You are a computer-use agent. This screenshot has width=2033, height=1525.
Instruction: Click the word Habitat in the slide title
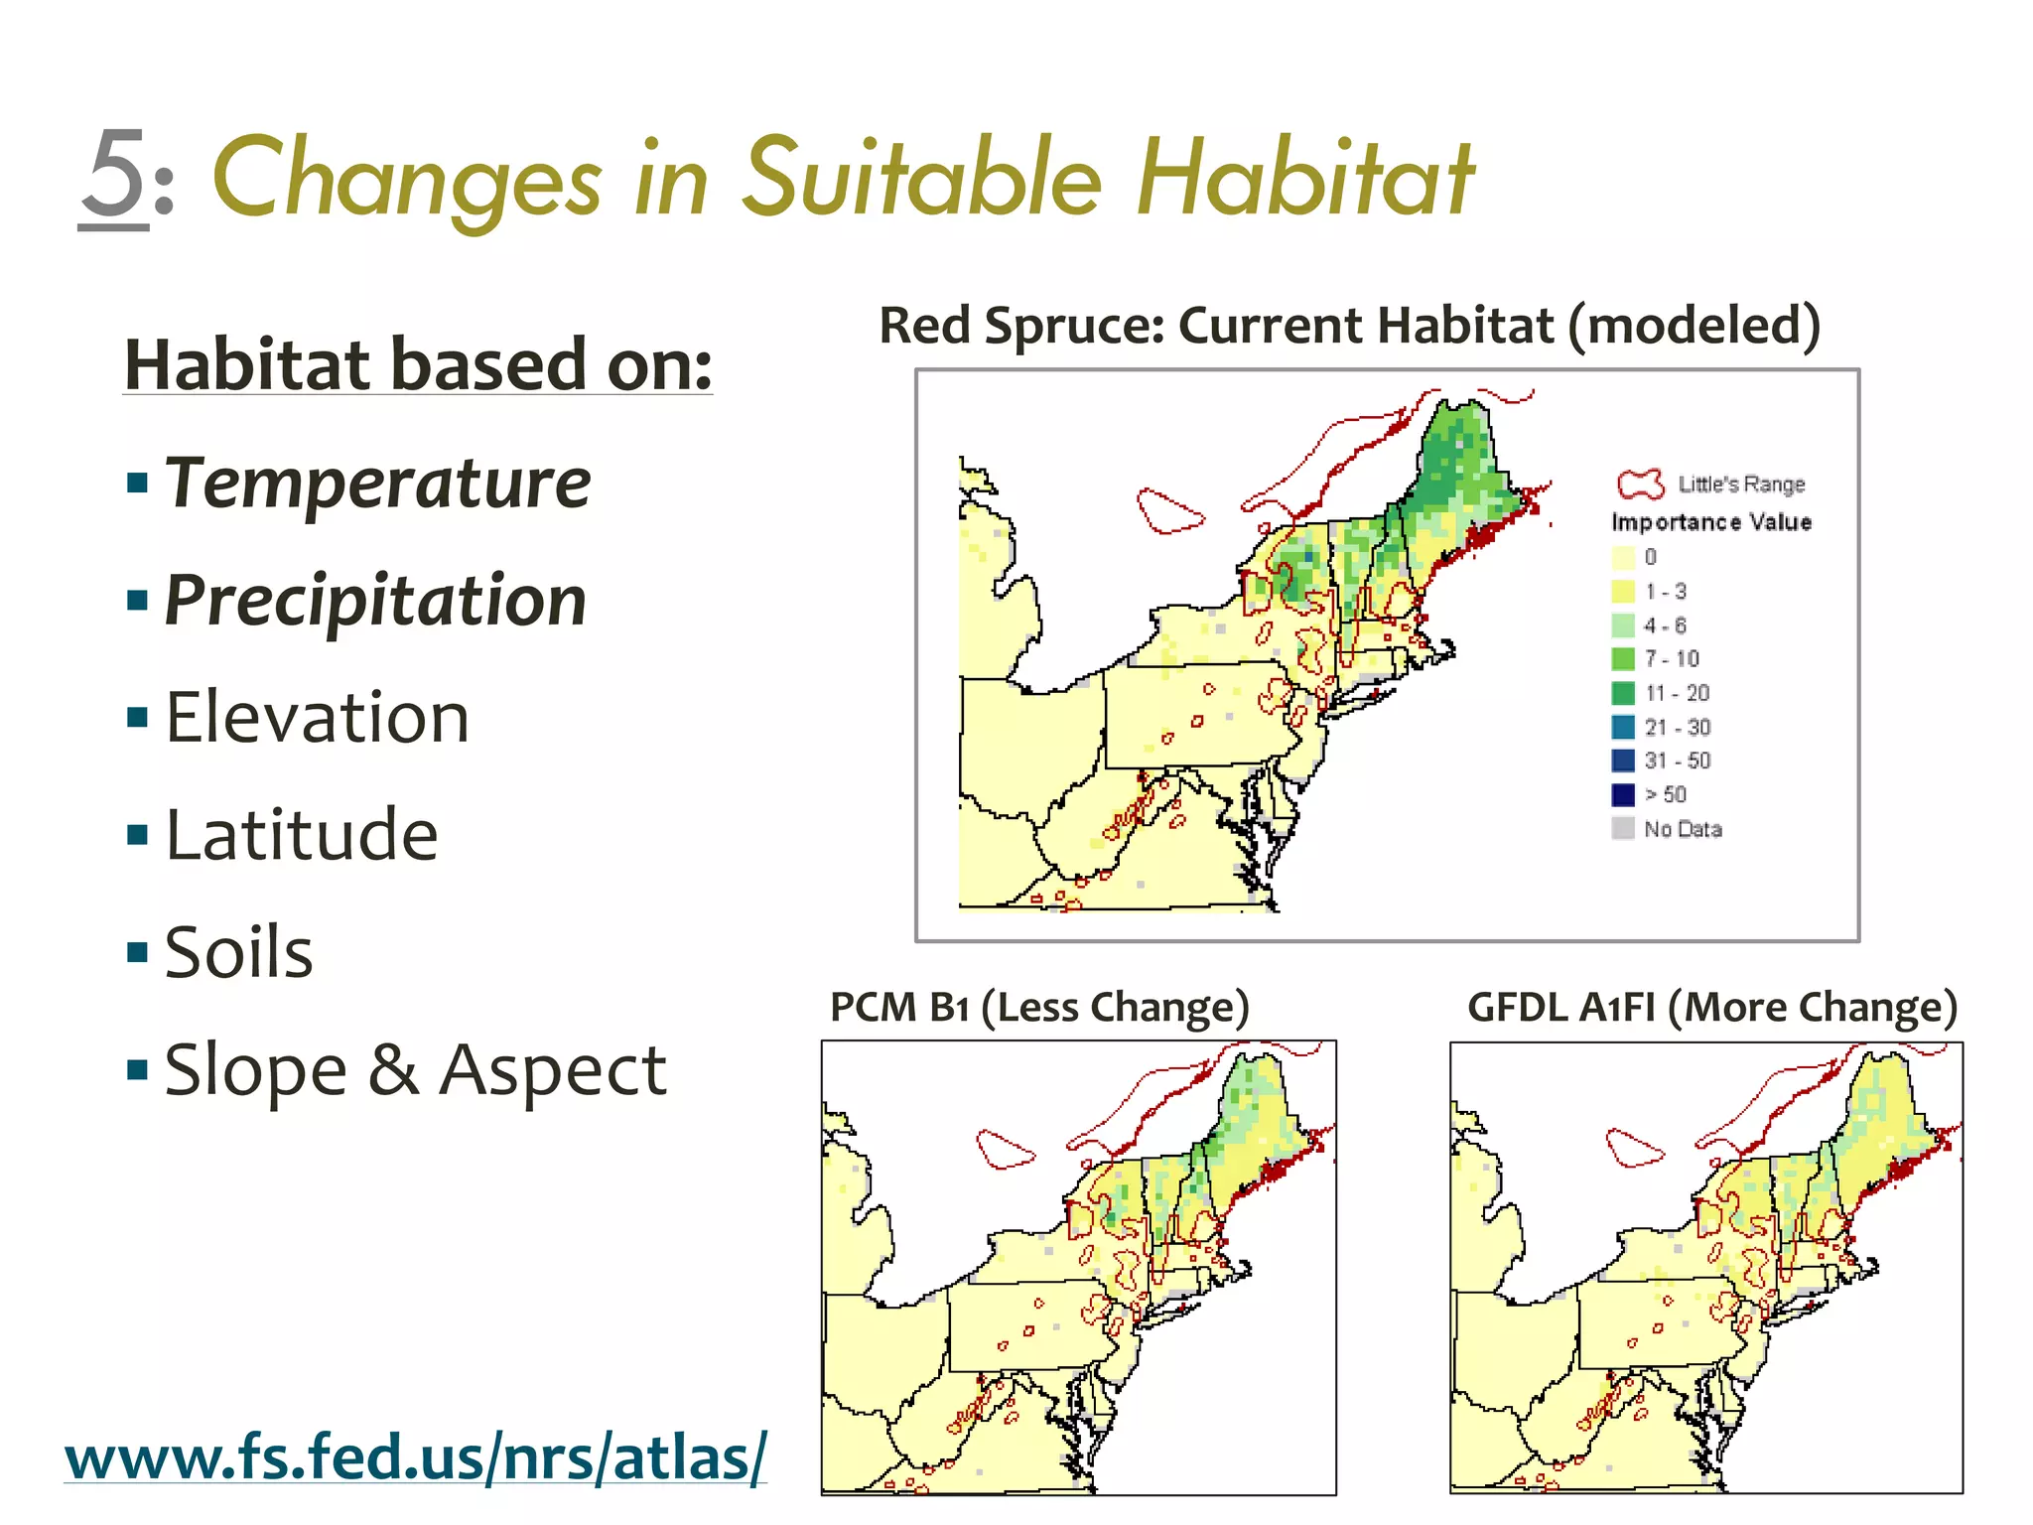(1304, 179)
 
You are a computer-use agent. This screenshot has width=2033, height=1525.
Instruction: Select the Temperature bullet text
(377, 484)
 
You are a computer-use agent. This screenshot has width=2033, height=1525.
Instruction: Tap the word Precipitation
(375, 601)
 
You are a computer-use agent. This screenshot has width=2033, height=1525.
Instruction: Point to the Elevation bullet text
(317, 717)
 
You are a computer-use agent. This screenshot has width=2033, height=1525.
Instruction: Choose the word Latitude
(301, 834)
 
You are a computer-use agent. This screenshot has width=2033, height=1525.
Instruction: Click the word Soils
(238, 951)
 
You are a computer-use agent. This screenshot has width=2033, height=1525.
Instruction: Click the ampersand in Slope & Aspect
(393, 1070)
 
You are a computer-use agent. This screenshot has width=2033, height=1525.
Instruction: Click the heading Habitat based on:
(418, 364)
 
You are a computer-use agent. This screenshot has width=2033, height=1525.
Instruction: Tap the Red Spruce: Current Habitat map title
(1349, 326)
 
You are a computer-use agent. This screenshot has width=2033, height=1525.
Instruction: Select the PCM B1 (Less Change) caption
(1039, 1007)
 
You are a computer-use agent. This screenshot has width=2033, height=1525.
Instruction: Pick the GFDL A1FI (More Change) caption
(1711, 1007)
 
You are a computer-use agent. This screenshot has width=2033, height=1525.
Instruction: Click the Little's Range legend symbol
(1639, 485)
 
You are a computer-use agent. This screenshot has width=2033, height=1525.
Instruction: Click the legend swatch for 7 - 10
(1622, 659)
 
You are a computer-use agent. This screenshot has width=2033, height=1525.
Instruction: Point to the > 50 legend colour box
(1622, 794)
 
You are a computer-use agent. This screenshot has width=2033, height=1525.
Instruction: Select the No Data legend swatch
(1622, 829)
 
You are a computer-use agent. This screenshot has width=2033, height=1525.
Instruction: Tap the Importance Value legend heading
(1710, 522)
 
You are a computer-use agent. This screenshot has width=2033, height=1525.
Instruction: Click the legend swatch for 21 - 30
(1622, 727)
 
